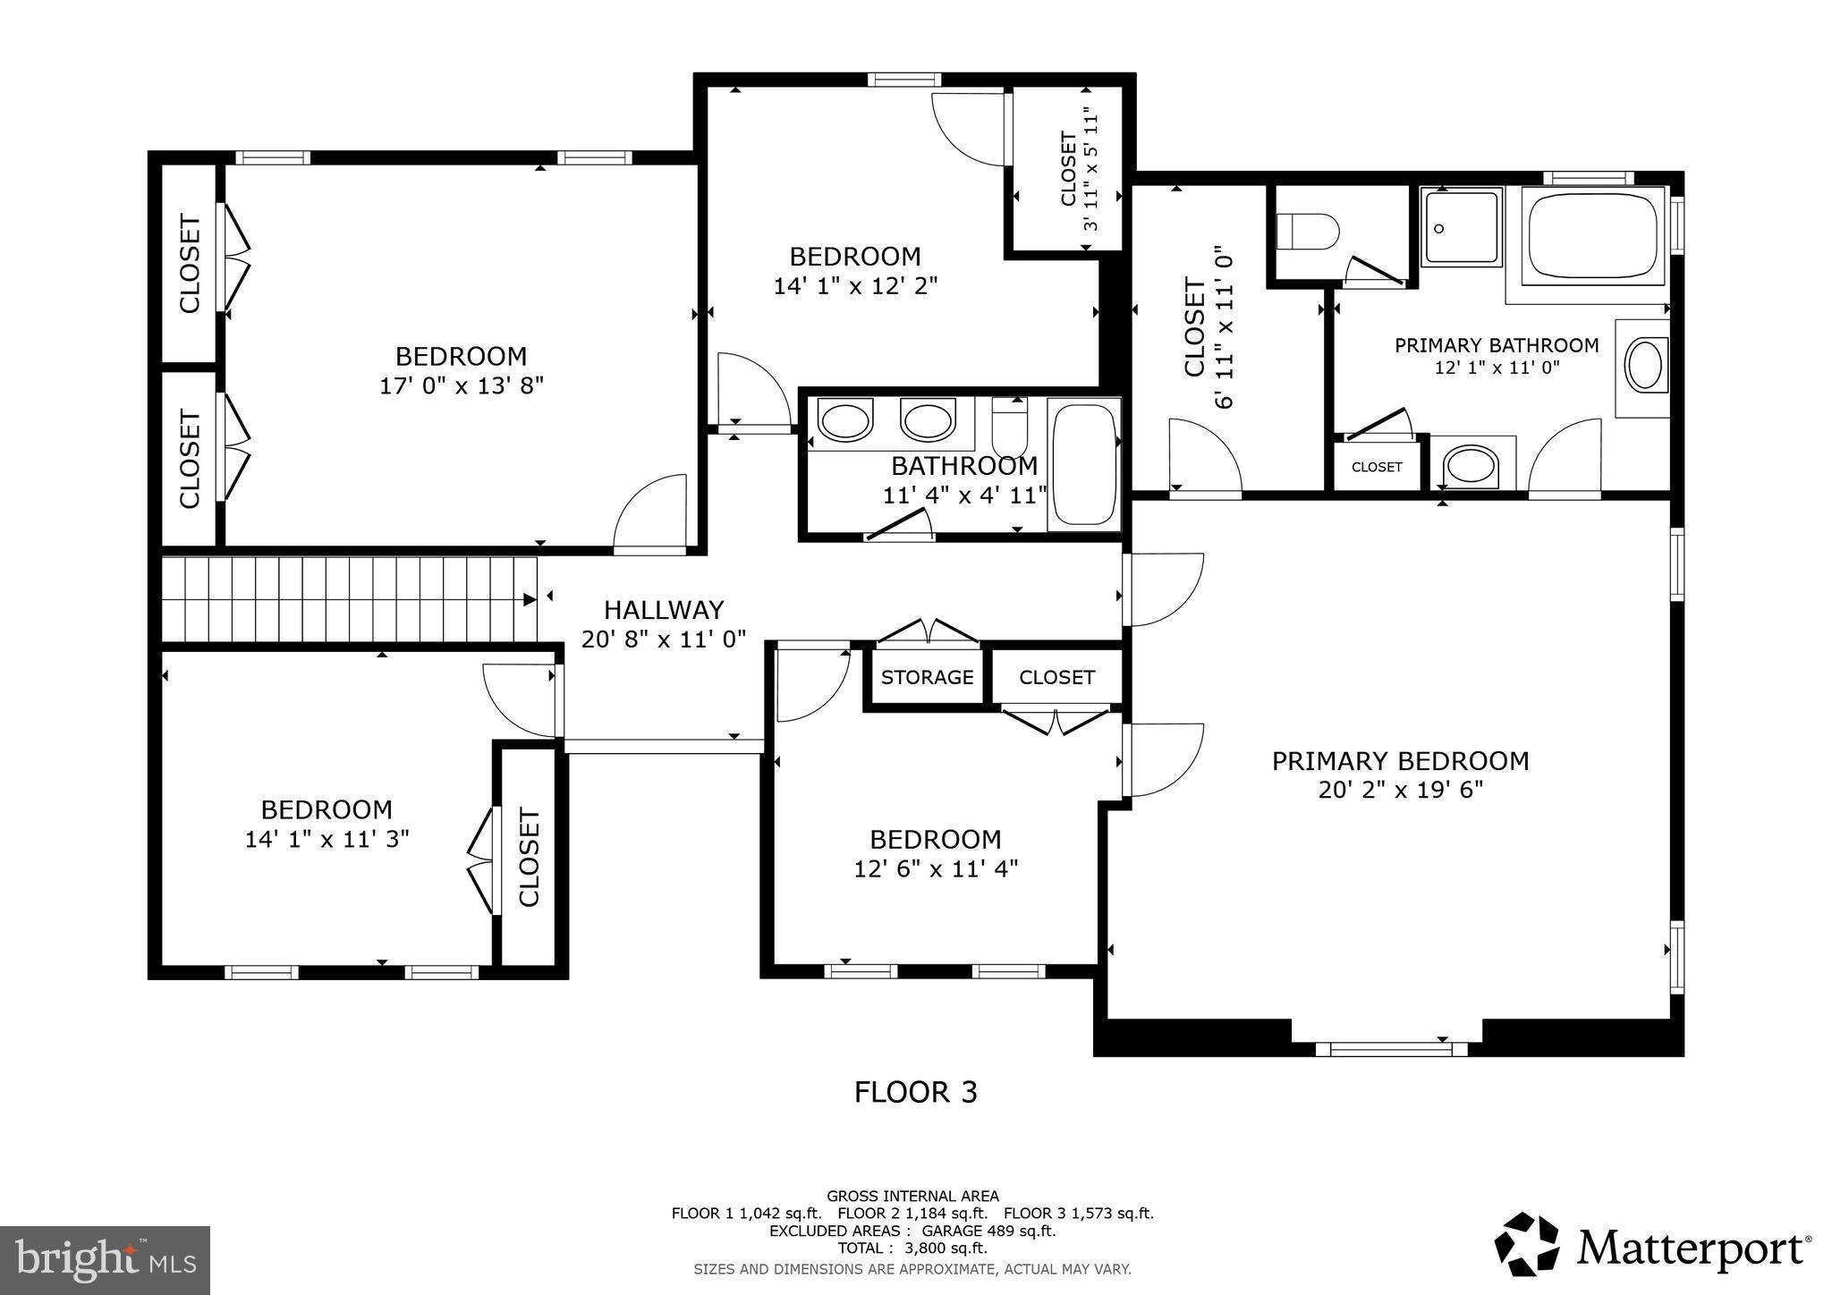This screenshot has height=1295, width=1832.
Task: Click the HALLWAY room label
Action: [663, 610]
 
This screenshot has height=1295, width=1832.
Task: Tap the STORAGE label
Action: [927, 677]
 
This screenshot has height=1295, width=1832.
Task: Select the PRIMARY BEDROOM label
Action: [1400, 761]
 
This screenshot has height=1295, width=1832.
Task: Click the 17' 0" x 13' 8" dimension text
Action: [461, 385]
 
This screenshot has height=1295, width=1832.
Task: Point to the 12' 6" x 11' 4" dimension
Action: [936, 868]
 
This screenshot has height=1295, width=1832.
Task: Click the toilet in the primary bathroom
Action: [1306, 232]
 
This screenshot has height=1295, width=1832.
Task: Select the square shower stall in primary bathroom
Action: [1462, 227]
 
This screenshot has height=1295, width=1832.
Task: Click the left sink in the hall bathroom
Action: [845, 420]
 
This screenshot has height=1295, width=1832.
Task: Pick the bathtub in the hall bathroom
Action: [1084, 463]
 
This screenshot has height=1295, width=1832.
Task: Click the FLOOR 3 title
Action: [915, 1092]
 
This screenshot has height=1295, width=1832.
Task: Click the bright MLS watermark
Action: [105, 1260]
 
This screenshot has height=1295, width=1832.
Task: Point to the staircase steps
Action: [349, 599]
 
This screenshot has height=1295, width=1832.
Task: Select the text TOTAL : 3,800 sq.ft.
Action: [912, 1248]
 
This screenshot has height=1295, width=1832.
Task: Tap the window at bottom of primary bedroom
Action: [1391, 1049]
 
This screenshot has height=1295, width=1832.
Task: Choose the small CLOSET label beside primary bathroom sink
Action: [1376, 467]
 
